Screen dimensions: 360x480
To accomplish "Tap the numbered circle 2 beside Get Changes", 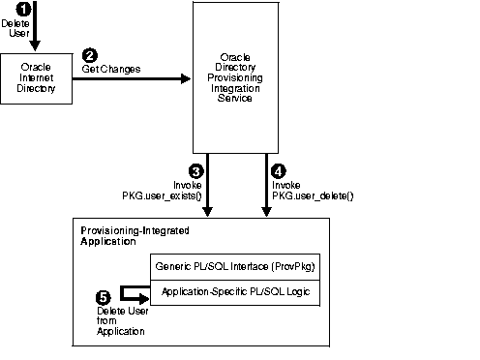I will [x=90, y=56].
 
